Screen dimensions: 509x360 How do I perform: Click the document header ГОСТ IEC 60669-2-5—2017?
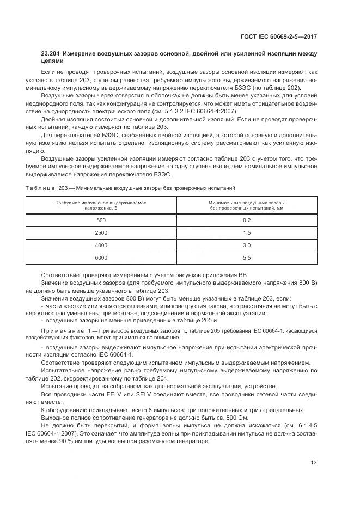tap(279, 36)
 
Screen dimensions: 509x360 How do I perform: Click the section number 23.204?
tap(52, 54)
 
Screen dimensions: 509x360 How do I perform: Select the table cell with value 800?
tap(101, 220)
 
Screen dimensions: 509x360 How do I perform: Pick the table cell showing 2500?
tap(101, 232)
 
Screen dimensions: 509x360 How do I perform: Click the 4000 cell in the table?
tap(101, 245)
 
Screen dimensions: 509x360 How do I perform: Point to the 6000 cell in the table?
tap(101, 257)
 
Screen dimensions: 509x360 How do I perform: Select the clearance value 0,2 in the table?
tap(247, 220)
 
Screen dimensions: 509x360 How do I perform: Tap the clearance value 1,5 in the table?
tap(247, 232)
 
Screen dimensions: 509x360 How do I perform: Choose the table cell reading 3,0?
tap(247, 245)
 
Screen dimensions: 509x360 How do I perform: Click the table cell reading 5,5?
tap(247, 257)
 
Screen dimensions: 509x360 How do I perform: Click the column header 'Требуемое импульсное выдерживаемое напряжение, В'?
tap(101, 205)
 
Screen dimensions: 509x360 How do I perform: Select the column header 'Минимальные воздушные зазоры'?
tap(247, 202)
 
